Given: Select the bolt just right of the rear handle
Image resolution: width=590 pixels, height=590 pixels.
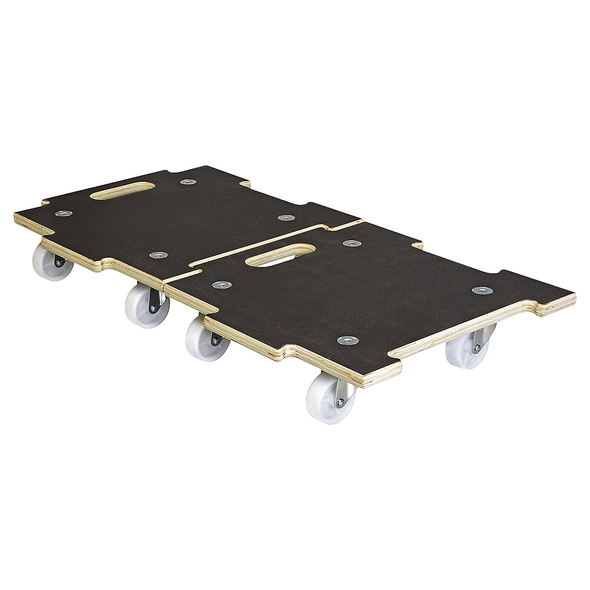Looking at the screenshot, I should (188, 182).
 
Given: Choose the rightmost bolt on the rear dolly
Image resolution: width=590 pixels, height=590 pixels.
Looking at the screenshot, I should (284, 217).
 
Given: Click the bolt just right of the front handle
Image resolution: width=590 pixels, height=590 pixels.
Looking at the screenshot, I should (351, 243).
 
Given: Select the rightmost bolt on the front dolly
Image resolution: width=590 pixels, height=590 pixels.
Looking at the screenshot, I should (480, 291).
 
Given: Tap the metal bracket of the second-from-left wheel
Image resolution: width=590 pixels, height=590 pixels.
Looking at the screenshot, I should (154, 301).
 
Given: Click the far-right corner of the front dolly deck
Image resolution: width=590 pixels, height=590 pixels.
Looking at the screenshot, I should (574, 296).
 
